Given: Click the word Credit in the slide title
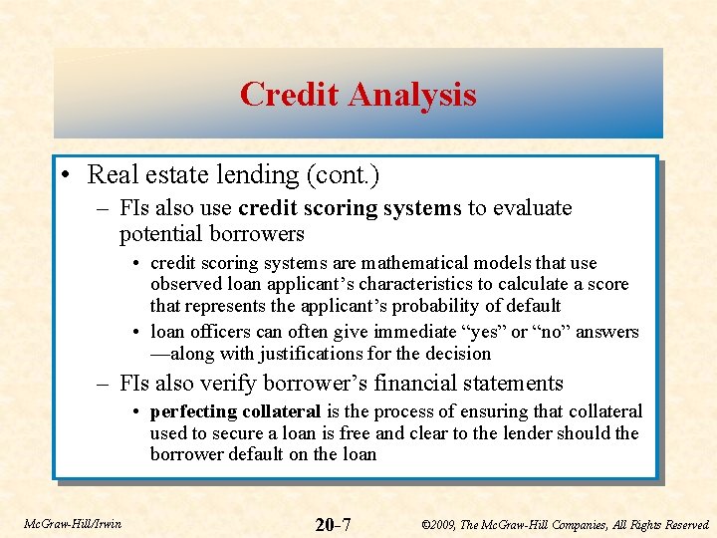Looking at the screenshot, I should (x=285, y=95).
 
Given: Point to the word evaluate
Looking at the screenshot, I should (x=534, y=208).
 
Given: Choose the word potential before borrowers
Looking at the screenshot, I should (x=160, y=234).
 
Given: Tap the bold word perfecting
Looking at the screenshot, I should (x=190, y=411).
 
